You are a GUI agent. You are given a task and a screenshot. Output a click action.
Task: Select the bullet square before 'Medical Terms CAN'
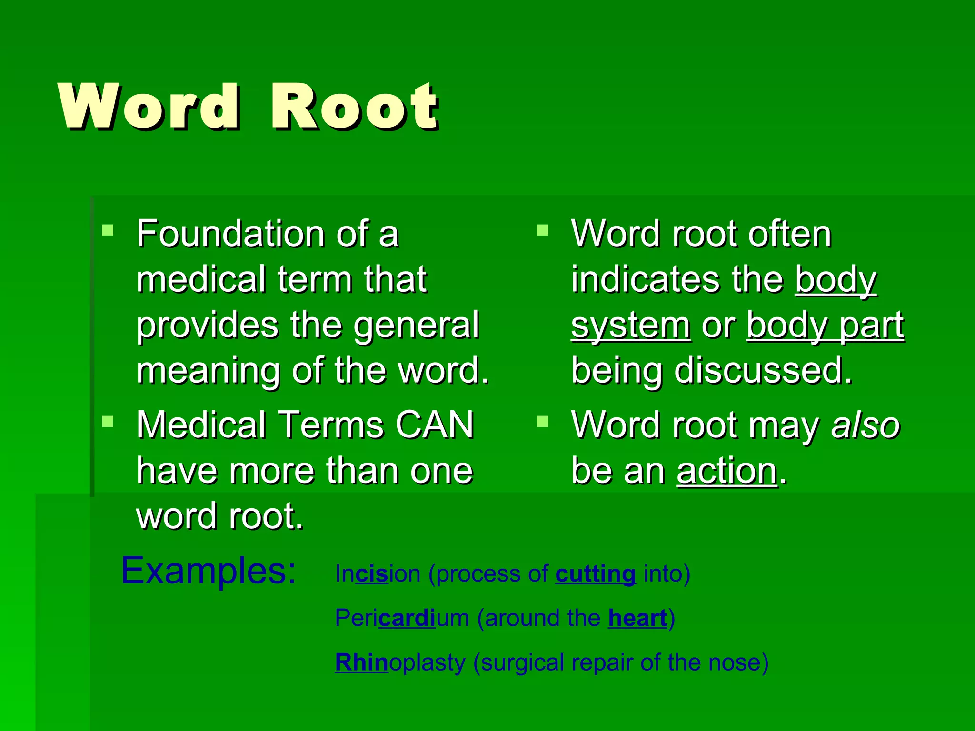pyautogui.click(x=108, y=422)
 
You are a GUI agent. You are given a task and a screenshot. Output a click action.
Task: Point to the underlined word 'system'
pyautogui.click(x=630, y=326)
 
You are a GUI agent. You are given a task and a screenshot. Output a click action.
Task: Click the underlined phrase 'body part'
pyautogui.click(x=825, y=326)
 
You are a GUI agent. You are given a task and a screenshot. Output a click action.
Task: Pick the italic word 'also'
pyautogui.click(x=865, y=425)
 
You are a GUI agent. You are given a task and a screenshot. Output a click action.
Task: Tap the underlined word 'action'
pyautogui.click(x=726, y=471)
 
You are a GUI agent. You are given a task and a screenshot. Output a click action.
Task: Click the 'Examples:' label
pyautogui.click(x=209, y=571)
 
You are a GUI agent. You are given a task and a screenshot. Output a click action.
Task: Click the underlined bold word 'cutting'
pyautogui.click(x=595, y=574)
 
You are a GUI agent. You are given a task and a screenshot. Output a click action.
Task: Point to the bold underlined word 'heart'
pyautogui.click(x=637, y=618)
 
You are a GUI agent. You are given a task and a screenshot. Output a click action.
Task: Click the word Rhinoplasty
pyautogui.click(x=400, y=662)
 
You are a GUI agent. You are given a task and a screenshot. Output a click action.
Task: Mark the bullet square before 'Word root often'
pyautogui.click(x=543, y=231)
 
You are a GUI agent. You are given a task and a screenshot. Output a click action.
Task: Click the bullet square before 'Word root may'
pyautogui.click(x=543, y=422)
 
